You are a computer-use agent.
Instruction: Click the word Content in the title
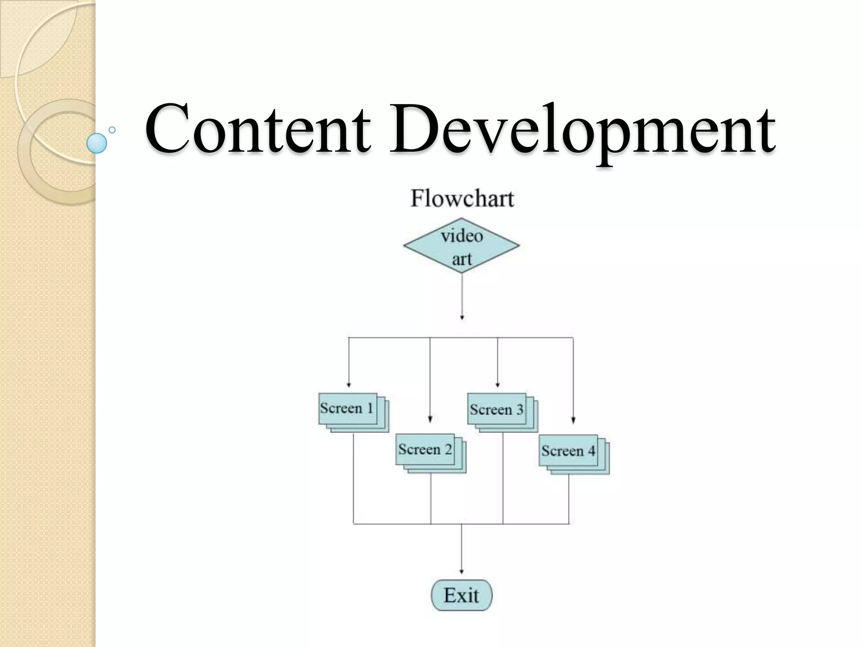(x=258, y=128)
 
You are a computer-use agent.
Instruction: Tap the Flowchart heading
(x=462, y=198)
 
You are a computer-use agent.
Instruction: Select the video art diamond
(x=461, y=246)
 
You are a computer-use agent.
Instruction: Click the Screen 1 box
(x=347, y=409)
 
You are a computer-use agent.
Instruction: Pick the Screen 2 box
(x=425, y=449)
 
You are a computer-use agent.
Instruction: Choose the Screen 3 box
(x=497, y=409)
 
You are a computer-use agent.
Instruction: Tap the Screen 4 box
(x=568, y=451)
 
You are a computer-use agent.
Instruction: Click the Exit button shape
(x=461, y=595)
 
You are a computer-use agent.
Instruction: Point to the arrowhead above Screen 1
(x=349, y=385)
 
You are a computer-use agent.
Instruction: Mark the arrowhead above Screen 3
(x=498, y=385)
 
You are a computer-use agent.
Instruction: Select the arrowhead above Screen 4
(x=573, y=420)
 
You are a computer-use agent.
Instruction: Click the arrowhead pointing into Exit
(x=461, y=572)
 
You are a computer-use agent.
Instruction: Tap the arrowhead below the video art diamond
(x=462, y=317)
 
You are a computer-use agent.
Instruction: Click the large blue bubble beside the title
(x=97, y=143)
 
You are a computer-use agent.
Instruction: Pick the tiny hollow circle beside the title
(x=112, y=130)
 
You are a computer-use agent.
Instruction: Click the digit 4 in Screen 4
(x=591, y=451)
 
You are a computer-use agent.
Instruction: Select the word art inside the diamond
(x=462, y=259)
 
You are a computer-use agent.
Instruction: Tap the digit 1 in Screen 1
(x=370, y=408)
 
